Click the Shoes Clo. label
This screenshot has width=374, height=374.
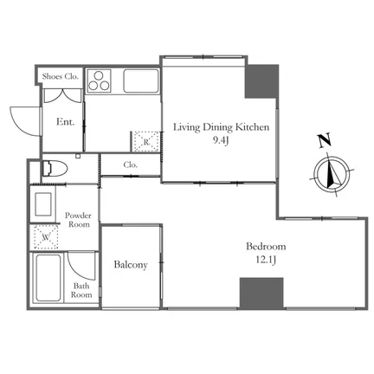point(61,76)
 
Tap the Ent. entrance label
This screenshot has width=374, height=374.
point(65,122)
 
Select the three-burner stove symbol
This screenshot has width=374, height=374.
point(99,81)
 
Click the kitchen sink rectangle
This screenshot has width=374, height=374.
point(141,81)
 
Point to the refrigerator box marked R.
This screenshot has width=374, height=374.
point(146,141)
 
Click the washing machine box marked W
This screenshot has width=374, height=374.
point(46,237)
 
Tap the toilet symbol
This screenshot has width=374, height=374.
point(55,169)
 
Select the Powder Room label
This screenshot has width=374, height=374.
point(78,220)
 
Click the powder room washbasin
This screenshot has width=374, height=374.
point(43,204)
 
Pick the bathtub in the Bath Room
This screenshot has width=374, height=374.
point(48,278)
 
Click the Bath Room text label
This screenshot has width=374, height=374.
point(81,290)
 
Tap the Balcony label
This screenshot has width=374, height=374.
point(131,265)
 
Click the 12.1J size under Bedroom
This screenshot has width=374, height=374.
point(266,261)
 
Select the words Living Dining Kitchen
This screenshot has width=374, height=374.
point(221,127)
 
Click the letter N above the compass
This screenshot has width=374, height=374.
point(325,141)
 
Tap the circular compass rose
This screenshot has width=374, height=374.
point(332,174)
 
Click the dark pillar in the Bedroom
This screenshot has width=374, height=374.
point(261,293)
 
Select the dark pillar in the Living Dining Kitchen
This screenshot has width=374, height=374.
point(261,82)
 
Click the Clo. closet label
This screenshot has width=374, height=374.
point(131,165)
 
